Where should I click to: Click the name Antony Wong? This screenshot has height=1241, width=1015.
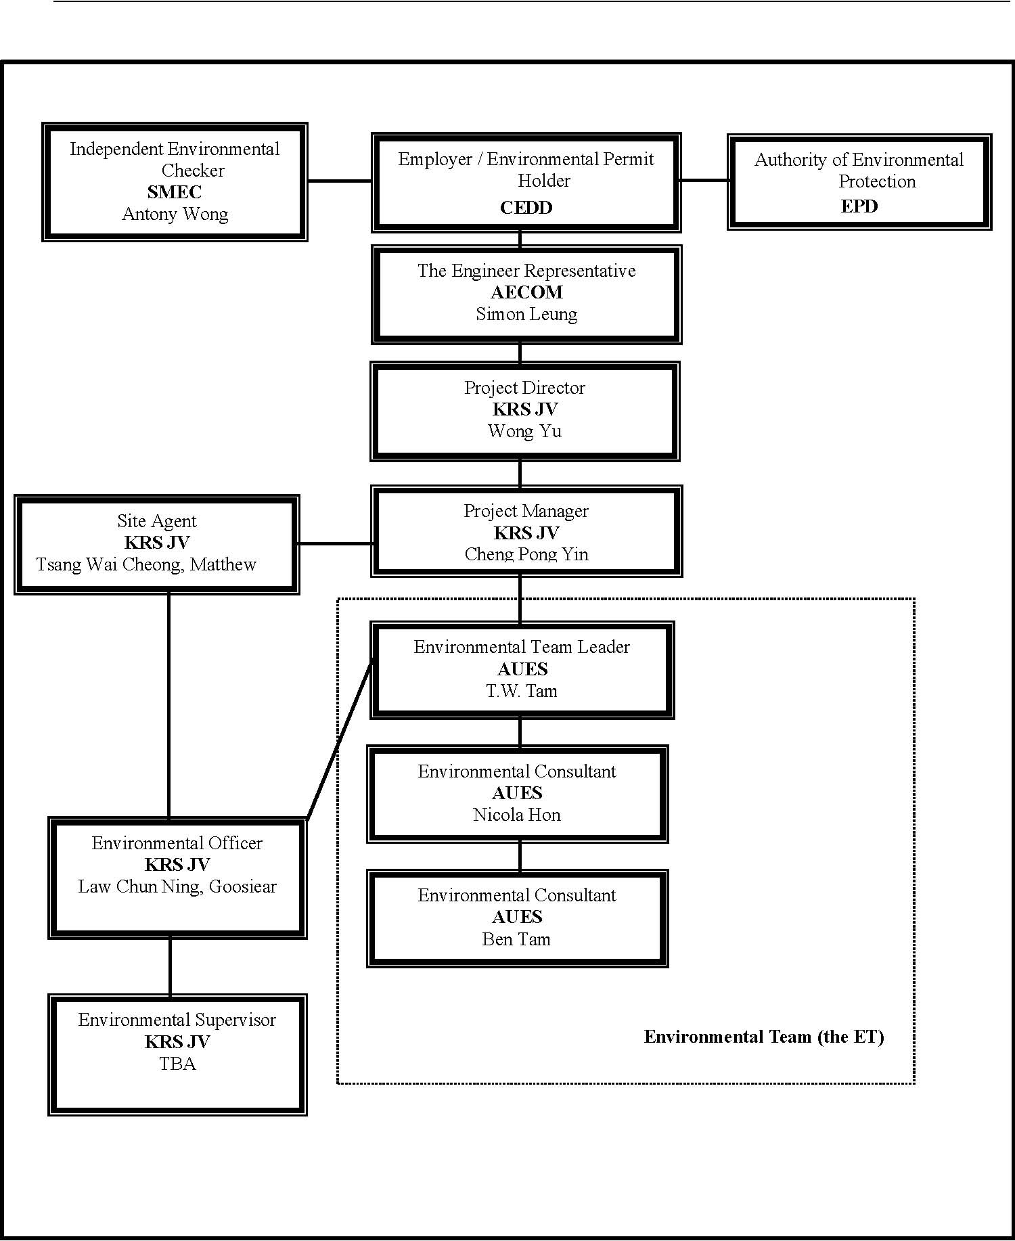pyautogui.click(x=175, y=215)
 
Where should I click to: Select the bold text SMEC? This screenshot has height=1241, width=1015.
pyautogui.click(x=175, y=192)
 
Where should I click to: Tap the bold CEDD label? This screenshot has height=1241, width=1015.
pyautogui.click(x=526, y=208)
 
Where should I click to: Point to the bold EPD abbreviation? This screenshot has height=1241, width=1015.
pyautogui.click(x=859, y=206)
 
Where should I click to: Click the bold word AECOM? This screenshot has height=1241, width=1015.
pyautogui.click(x=526, y=292)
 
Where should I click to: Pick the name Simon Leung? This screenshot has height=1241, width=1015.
pyautogui.click(x=526, y=315)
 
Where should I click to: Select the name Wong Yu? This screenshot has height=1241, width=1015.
pyautogui.click(x=525, y=431)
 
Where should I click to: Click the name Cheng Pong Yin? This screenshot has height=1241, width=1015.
pyautogui.click(x=526, y=555)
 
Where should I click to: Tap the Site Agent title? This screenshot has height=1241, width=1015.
pyautogui.click(x=157, y=522)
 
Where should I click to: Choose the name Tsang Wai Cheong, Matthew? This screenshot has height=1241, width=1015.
pyautogui.click(x=146, y=565)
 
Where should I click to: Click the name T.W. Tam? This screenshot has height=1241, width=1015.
pyautogui.click(x=522, y=692)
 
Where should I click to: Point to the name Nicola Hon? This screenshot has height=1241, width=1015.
pyautogui.click(x=517, y=815)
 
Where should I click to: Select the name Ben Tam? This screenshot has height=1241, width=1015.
pyautogui.click(x=516, y=940)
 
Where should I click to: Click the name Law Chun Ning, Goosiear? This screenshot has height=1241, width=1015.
pyautogui.click(x=177, y=887)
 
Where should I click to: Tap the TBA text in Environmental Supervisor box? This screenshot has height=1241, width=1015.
pyautogui.click(x=177, y=1064)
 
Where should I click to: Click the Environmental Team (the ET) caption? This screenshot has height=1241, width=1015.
pyautogui.click(x=764, y=1037)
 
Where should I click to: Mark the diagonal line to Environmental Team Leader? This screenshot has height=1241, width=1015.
pyautogui.click(x=340, y=738)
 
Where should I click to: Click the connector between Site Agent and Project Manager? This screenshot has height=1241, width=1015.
pyautogui.click(x=334, y=543)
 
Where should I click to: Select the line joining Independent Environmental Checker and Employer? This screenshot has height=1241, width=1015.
pyautogui.click(x=340, y=181)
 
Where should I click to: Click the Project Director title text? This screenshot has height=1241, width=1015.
pyautogui.click(x=524, y=388)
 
